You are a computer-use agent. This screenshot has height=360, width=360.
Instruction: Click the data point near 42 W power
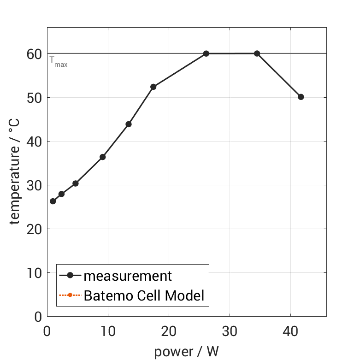coord(301,97)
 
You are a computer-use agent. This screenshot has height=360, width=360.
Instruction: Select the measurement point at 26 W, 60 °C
coord(206,53)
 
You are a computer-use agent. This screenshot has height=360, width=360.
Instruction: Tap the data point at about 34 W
coord(257,53)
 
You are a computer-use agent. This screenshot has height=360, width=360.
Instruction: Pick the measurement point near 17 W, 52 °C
coord(153,87)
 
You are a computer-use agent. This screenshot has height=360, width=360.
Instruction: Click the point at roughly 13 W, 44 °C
coord(129,124)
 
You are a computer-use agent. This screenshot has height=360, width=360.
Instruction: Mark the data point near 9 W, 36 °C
coord(102,157)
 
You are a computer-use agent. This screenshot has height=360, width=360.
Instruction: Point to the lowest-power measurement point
coord(53,201)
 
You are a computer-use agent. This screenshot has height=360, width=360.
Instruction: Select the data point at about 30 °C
coord(76,183)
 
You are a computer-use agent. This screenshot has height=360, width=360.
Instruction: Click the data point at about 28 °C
coord(61,194)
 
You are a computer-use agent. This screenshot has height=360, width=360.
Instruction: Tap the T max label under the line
coord(59,61)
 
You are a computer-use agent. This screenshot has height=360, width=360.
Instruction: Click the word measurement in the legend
coord(128,276)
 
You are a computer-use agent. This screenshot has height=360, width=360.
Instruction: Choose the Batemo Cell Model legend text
coord(144,295)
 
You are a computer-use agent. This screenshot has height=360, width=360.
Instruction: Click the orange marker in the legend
coord(70,295)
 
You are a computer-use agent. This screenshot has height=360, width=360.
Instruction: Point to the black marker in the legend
coord(70,276)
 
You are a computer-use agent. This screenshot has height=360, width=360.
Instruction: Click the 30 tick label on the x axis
coord(230,331)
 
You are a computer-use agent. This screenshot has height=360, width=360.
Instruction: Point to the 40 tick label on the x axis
coord(290,331)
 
